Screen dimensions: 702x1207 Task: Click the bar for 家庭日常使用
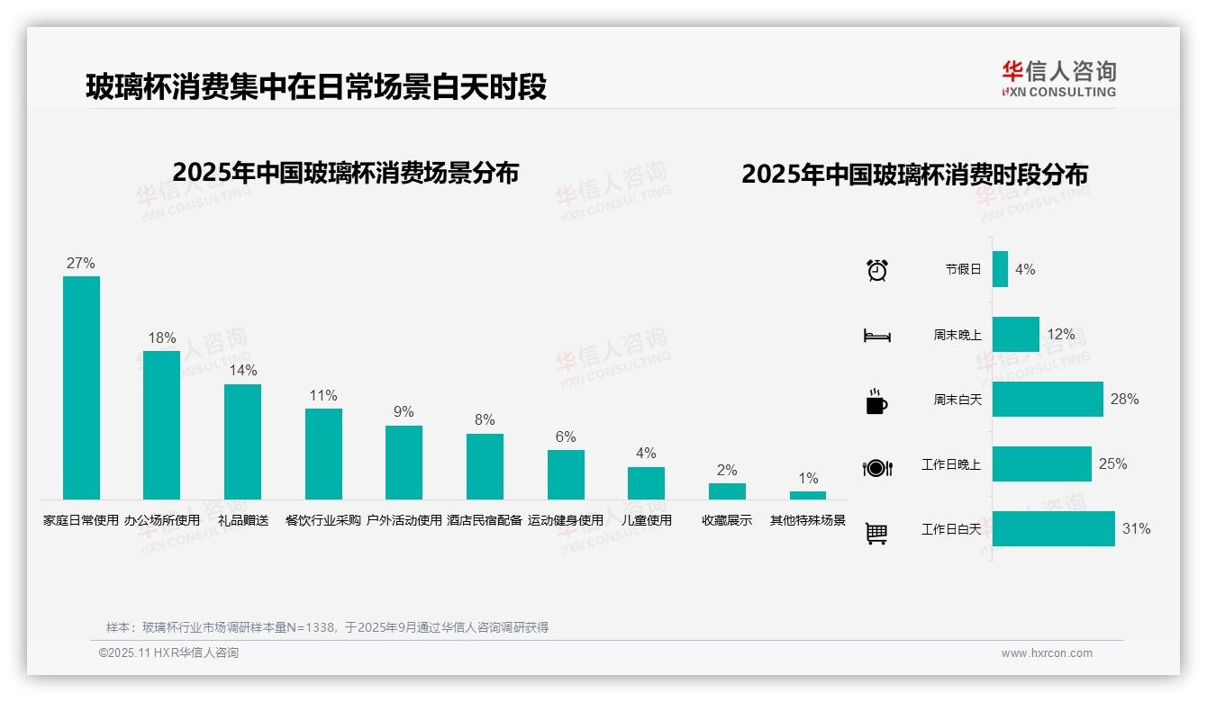(x=81, y=387)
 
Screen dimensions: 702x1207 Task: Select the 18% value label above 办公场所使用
(x=162, y=338)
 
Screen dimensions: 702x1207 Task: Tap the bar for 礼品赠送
(x=242, y=441)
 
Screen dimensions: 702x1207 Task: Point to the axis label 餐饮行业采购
(x=323, y=520)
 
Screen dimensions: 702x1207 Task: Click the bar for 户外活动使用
(x=404, y=462)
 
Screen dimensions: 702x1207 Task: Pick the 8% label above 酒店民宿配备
(x=485, y=420)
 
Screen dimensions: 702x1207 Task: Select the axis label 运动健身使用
(x=566, y=520)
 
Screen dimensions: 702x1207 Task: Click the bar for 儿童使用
(x=646, y=482)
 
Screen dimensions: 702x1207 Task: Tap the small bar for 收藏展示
(x=727, y=491)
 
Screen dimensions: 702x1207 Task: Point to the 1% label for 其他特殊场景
(x=808, y=479)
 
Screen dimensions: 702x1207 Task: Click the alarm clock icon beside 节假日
(x=877, y=269)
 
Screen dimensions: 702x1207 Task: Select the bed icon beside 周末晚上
(x=877, y=335)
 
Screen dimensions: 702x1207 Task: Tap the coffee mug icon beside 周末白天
(x=876, y=400)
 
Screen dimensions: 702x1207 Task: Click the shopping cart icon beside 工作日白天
(x=876, y=533)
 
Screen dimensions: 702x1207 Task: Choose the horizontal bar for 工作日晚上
(x=1041, y=464)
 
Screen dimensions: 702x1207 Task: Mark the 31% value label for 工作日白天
(x=1136, y=529)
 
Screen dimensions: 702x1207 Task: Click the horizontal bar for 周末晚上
(x=1015, y=334)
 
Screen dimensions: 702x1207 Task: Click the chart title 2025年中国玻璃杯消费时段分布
(x=914, y=174)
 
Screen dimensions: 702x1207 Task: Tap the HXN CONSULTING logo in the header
(x=1059, y=79)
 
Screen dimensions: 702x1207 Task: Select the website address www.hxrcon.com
(x=1047, y=653)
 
